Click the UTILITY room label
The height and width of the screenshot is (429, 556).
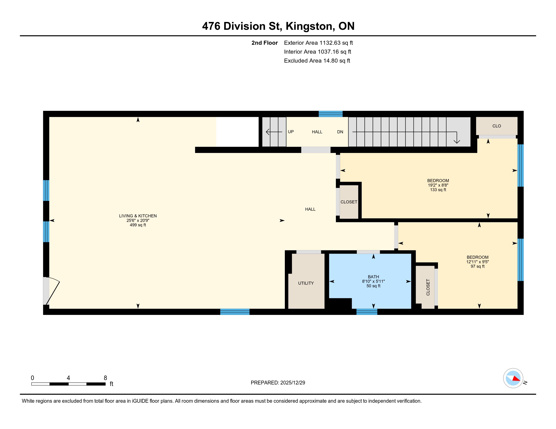[x=306, y=283]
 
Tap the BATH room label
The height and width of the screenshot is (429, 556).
[x=373, y=277]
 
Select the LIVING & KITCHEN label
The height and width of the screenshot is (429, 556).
[x=138, y=216]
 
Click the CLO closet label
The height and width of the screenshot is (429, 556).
[x=496, y=126]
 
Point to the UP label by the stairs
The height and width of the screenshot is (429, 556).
[x=291, y=132]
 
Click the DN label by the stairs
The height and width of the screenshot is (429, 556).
[x=340, y=132]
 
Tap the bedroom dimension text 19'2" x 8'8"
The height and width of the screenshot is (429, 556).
[x=438, y=185]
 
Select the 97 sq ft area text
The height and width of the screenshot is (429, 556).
[x=477, y=266]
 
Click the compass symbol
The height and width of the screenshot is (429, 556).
[x=513, y=378]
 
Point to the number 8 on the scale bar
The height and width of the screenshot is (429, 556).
[x=105, y=378]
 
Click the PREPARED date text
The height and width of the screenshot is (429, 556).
[x=278, y=383]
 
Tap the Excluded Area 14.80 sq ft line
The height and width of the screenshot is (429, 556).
[x=317, y=61]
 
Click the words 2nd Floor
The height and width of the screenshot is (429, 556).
[x=265, y=43]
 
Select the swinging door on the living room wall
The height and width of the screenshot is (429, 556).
[x=51, y=291]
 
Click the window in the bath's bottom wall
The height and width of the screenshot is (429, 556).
[x=367, y=312]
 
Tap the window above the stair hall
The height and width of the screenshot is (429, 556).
[x=331, y=114]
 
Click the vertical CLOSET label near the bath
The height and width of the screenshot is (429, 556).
[x=428, y=287]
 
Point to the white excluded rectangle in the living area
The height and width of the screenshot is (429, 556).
[x=237, y=132]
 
